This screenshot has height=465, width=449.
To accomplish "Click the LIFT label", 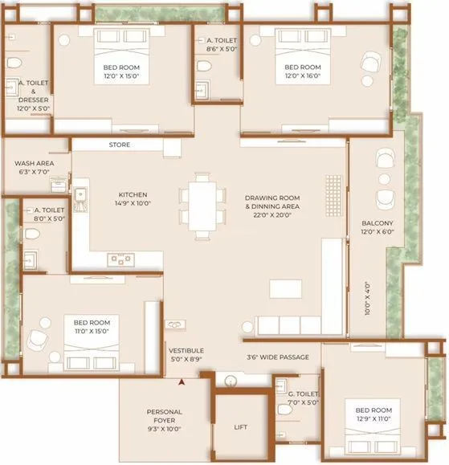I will pyautogui.click(x=241, y=427).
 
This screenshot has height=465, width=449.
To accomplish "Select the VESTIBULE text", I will pyautogui.click(x=186, y=351).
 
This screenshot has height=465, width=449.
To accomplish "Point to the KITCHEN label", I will pyautogui.click(x=133, y=194).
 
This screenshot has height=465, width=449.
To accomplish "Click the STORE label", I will pyautogui.click(x=120, y=145).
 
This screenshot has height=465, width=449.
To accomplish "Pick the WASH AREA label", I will pyautogui.click(x=34, y=163).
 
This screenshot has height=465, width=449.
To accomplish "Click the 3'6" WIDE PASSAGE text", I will pyautogui.click(x=277, y=357).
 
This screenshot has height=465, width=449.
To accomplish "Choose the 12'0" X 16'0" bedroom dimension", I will pyautogui.click(x=303, y=76).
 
